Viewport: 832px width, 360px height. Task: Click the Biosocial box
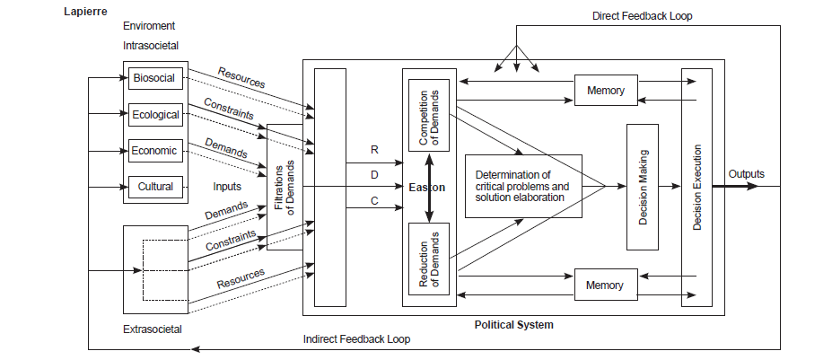[x=156, y=78]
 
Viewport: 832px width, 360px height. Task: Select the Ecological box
[x=156, y=114]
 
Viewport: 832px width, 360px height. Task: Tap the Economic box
[x=156, y=150]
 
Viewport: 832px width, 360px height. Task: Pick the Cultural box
[x=156, y=187]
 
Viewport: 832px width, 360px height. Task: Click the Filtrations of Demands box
[x=285, y=187]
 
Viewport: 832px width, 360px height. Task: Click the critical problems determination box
[x=523, y=186]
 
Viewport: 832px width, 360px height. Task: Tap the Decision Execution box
[x=696, y=187]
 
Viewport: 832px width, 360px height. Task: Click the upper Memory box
[x=605, y=90]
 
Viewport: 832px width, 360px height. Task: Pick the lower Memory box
[x=605, y=285]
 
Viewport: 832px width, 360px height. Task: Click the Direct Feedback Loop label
[x=642, y=16]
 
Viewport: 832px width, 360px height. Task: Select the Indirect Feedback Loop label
[x=356, y=339]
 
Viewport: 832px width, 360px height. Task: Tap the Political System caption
[x=513, y=324]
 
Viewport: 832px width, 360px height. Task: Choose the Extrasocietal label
[x=152, y=329]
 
